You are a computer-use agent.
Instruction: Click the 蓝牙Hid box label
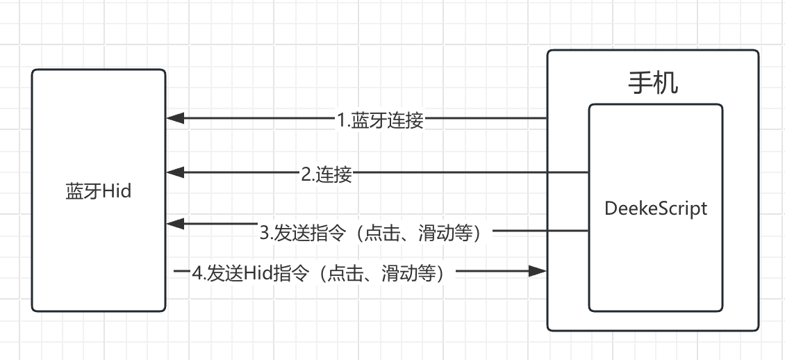pyautogui.click(x=98, y=191)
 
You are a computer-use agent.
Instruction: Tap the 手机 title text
pyautogui.click(x=653, y=83)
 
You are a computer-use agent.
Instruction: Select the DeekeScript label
pyautogui.click(x=656, y=208)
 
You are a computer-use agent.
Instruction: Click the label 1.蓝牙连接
pyautogui.click(x=380, y=120)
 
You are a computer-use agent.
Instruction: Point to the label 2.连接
pyautogui.click(x=326, y=174)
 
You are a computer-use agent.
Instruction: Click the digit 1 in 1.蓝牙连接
pyautogui.click(x=341, y=121)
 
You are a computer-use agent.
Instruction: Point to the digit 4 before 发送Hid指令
pyautogui.click(x=197, y=273)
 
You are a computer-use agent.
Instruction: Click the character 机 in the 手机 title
pyautogui.click(x=666, y=83)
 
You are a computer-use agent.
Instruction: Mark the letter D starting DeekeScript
pyautogui.click(x=611, y=208)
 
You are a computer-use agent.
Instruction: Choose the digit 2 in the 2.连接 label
pyautogui.click(x=305, y=174)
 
